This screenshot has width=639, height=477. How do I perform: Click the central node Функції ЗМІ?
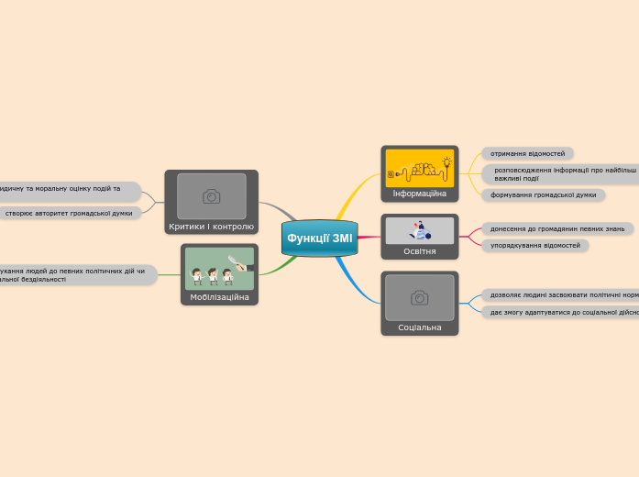click(319, 238)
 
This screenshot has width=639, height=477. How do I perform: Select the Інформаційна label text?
click(419, 194)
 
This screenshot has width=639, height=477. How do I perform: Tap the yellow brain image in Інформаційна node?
click(420, 168)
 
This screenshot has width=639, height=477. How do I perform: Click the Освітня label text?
click(419, 251)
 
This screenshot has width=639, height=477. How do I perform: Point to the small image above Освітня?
click(419, 230)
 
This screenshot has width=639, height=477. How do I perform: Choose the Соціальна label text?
click(419, 327)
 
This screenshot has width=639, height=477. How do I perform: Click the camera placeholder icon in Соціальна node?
click(419, 297)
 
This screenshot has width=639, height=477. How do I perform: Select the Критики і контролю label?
click(211, 226)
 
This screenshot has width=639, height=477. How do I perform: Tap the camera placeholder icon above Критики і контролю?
click(211, 196)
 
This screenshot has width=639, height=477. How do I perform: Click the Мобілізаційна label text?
click(219, 297)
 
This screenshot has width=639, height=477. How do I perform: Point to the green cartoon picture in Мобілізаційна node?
click(219, 269)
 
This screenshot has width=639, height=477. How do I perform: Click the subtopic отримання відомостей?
click(527, 153)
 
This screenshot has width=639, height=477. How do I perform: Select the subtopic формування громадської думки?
click(543, 194)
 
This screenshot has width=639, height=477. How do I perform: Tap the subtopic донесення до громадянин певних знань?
click(556, 228)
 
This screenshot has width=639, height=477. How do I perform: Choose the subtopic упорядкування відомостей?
click(534, 245)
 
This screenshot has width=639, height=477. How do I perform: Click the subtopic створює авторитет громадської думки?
click(69, 213)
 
